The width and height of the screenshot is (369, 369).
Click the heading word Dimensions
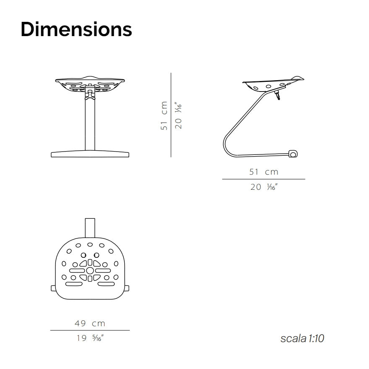(x=76, y=29)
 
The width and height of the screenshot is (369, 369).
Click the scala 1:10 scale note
(x=302, y=338)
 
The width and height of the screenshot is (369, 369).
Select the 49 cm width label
(x=90, y=323)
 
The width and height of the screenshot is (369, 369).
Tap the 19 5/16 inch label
(x=90, y=338)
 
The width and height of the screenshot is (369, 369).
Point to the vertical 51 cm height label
(x=164, y=115)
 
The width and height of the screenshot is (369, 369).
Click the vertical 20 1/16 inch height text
(x=178, y=115)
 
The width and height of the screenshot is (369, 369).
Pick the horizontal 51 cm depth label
(x=264, y=172)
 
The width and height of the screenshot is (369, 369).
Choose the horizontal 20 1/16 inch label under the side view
(x=264, y=187)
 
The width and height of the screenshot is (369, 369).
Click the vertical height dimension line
(x=171, y=115)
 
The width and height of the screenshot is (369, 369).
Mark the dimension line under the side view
(x=264, y=179)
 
